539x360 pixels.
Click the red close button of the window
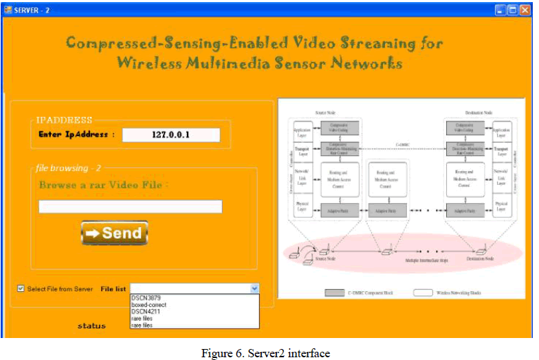(x=525, y=10)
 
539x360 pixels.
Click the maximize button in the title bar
(x=513, y=10)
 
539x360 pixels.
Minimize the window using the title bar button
(x=500, y=10)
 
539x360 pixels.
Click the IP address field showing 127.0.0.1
(x=170, y=135)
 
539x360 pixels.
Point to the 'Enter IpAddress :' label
(x=76, y=134)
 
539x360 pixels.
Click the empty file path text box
(x=130, y=207)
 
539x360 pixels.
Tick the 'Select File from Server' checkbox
(x=21, y=289)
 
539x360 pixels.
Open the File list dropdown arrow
(x=254, y=289)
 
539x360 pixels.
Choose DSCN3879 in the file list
(x=146, y=297)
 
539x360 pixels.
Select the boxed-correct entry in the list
(x=148, y=304)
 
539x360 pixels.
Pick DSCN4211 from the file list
(x=146, y=311)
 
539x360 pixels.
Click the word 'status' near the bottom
(x=91, y=326)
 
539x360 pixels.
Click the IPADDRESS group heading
(x=64, y=120)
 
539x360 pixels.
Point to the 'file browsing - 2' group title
(x=67, y=168)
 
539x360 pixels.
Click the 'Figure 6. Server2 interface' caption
(x=265, y=353)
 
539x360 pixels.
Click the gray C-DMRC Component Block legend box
(x=335, y=293)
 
